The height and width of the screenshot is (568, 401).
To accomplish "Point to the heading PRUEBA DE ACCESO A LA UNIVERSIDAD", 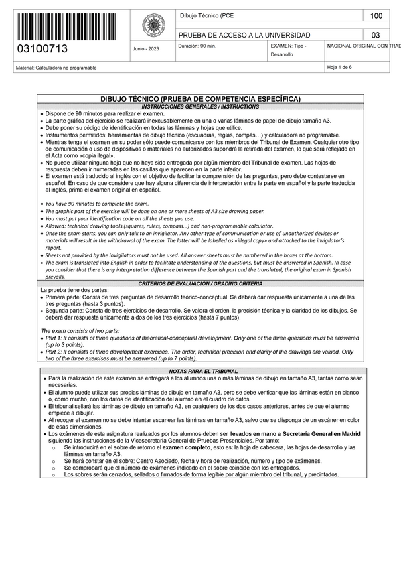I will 244,35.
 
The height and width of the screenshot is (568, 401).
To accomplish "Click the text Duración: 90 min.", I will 197,46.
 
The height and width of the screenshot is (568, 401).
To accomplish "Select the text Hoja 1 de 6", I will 341,68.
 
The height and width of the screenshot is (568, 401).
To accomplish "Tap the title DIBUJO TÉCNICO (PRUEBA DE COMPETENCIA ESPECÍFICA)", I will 200,98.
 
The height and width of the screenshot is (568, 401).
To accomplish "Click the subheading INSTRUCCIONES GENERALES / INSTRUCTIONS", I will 200,106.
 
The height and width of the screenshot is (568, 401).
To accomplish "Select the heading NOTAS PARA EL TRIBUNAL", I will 200,371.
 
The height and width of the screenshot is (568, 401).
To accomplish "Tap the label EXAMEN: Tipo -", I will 289,46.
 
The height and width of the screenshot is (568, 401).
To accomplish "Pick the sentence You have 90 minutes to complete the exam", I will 96,203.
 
